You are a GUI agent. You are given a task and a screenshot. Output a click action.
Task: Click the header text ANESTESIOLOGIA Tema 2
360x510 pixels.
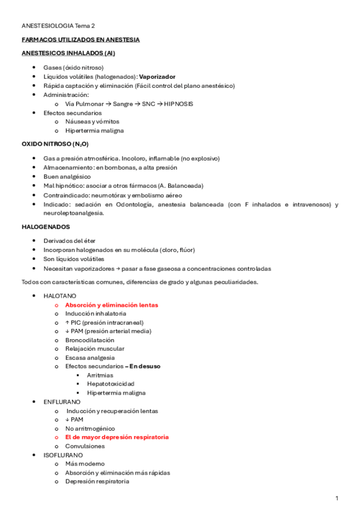[x=58, y=26]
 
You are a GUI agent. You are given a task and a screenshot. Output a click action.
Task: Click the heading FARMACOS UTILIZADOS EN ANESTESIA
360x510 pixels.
[x=81, y=40]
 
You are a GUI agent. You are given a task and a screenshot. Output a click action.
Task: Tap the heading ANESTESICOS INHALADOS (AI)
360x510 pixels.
[x=68, y=53]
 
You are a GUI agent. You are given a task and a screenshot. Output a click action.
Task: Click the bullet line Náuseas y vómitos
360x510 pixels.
[x=92, y=121]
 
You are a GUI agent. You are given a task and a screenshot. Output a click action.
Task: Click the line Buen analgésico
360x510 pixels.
[x=67, y=177]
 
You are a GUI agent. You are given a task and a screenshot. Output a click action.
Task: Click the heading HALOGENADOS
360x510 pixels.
[x=46, y=227]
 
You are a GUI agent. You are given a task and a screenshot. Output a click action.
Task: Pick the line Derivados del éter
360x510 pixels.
[x=69, y=240]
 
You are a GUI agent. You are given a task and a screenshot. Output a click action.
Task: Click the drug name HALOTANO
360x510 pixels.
[x=59, y=296]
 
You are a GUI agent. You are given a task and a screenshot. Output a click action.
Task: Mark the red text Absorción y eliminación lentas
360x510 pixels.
[x=111, y=305]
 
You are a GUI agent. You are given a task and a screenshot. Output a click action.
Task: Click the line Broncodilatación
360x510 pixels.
[x=90, y=340]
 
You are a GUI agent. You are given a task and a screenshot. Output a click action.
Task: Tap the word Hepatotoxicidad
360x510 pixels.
[x=111, y=384]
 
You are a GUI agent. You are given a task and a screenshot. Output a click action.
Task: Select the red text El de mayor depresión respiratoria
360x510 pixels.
[x=117, y=437]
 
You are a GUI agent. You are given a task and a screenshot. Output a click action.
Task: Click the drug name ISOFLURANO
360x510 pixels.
[x=63, y=455]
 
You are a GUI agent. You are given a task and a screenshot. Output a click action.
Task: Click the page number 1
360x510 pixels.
[x=337, y=498]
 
